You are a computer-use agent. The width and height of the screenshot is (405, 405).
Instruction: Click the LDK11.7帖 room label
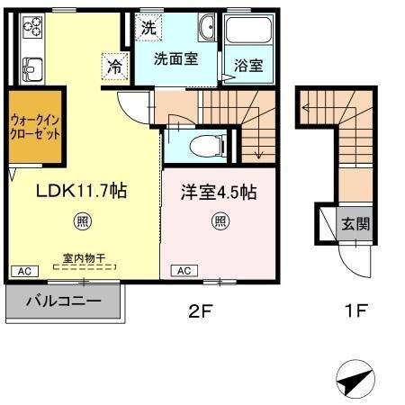[80, 192]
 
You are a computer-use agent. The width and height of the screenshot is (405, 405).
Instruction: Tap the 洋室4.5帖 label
[219, 192]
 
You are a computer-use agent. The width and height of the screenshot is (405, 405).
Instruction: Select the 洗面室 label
[175, 61]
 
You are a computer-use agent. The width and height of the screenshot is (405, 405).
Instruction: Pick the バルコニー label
[63, 301]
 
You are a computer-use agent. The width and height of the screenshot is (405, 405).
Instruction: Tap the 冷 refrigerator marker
[116, 65]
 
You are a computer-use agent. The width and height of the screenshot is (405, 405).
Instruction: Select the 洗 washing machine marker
[148, 26]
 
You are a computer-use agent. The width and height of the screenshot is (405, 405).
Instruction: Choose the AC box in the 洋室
[183, 270]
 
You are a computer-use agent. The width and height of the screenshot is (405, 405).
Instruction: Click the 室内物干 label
[84, 258]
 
